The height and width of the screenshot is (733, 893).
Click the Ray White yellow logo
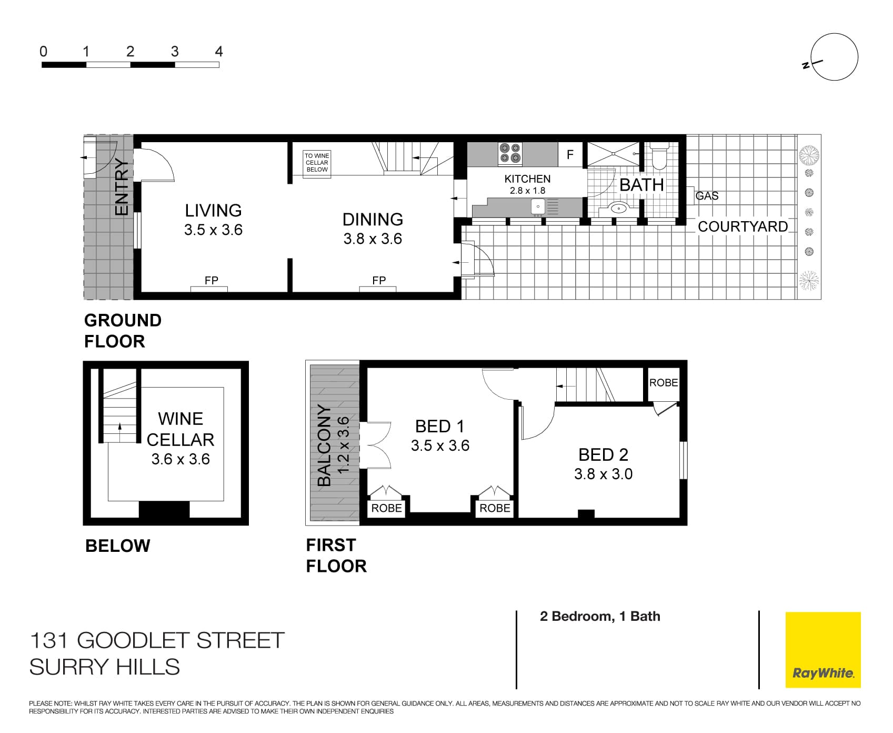pyautogui.click(x=822, y=649)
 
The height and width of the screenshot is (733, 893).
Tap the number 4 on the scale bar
pyautogui.click(x=219, y=52)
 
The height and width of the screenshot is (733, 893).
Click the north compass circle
pyautogui.click(x=835, y=57)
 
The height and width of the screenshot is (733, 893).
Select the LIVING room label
pyautogui.click(x=213, y=211)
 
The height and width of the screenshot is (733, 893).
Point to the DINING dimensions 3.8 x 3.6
pyautogui.click(x=373, y=239)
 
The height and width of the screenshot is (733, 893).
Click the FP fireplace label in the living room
pyautogui.click(x=211, y=281)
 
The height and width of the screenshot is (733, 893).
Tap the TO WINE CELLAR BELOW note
pyautogui.click(x=317, y=162)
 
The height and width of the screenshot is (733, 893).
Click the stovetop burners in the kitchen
pyautogui.click(x=510, y=153)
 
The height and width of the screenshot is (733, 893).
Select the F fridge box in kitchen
pyautogui.click(x=570, y=155)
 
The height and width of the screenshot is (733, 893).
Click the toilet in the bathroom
pyautogui.click(x=658, y=155)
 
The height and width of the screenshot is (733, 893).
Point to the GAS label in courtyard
pyautogui.click(x=707, y=196)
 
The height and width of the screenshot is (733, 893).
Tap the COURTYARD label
pyautogui.click(x=743, y=226)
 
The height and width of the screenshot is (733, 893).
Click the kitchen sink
pyautogui.click(x=537, y=206)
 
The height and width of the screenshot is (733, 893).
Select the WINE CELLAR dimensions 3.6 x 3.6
pyautogui.click(x=180, y=459)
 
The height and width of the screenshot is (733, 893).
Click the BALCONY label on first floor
pyautogui.click(x=324, y=445)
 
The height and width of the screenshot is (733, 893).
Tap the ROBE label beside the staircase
pyautogui.click(x=663, y=383)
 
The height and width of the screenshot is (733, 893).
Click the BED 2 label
pyautogui.click(x=603, y=454)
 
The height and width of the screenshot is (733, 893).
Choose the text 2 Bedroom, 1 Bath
pyautogui.click(x=600, y=616)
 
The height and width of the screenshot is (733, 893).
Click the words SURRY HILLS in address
pyautogui.click(x=105, y=667)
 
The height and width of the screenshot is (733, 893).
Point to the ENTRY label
pyautogui.click(x=122, y=187)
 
